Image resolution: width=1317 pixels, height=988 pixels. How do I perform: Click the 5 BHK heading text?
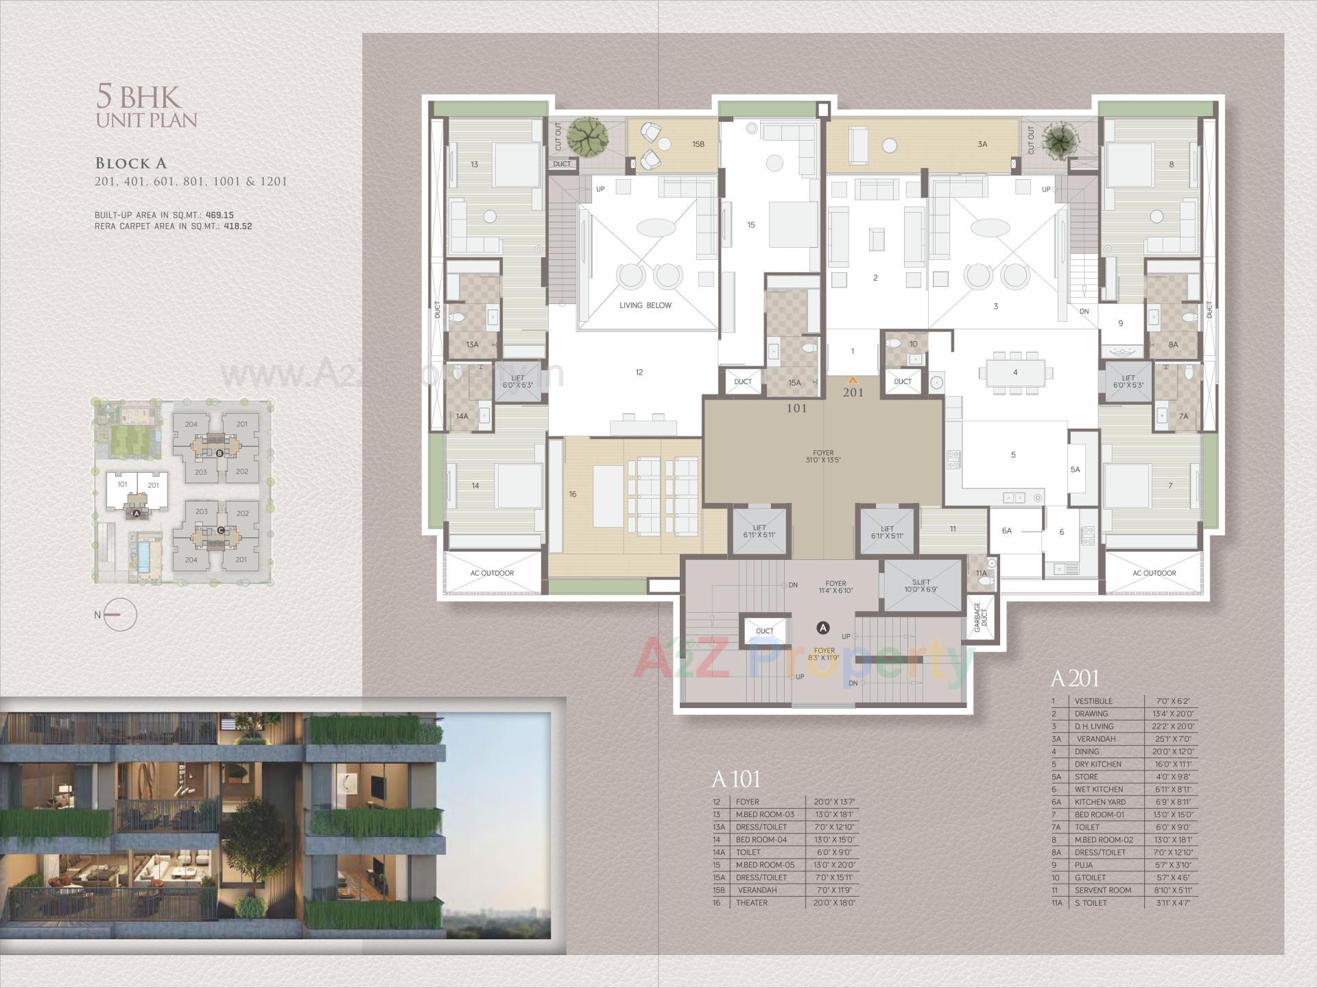146,97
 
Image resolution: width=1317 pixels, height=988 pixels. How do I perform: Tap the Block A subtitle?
131,163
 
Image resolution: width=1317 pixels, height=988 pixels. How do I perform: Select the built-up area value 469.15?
219,215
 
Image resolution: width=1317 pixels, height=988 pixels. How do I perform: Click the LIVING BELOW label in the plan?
645,305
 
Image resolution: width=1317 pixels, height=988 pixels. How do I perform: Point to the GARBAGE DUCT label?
980,617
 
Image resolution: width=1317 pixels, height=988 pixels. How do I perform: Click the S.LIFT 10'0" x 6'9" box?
921,585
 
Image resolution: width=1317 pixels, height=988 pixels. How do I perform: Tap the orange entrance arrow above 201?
853,379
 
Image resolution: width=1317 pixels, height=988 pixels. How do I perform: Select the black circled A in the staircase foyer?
823,628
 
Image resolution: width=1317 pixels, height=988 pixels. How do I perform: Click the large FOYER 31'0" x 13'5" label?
823,456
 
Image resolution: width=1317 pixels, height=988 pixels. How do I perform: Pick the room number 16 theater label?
572,494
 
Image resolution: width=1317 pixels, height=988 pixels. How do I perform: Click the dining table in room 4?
1015,373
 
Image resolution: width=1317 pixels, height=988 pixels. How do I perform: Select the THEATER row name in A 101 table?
752,902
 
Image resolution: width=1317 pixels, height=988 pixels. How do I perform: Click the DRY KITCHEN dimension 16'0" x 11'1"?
1172,764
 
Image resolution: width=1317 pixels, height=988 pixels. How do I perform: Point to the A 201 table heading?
1074,679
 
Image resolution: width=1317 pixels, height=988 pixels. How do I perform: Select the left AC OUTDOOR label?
492,573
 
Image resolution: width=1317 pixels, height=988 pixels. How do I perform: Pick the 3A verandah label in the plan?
982,145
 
